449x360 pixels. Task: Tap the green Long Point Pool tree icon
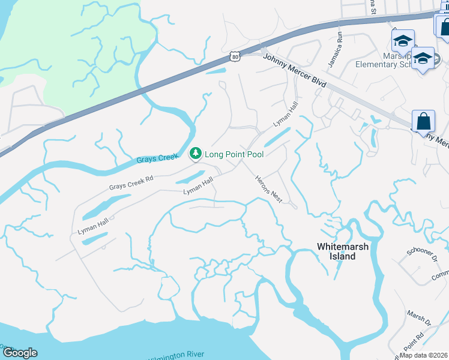click(x=195, y=154)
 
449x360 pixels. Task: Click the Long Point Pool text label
click(x=234, y=154)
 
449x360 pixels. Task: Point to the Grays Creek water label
click(x=154, y=159)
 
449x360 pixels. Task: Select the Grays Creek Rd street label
click(x=131, y=182)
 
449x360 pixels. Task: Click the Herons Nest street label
click(x=268, y=189)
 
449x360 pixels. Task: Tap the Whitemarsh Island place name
click(x=344, y=251)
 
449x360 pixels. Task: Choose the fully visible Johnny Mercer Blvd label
click(x=294, y=70)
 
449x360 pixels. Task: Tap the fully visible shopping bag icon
click(x=423, y=121)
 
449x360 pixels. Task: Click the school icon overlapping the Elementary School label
click(x=423, y=58)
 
